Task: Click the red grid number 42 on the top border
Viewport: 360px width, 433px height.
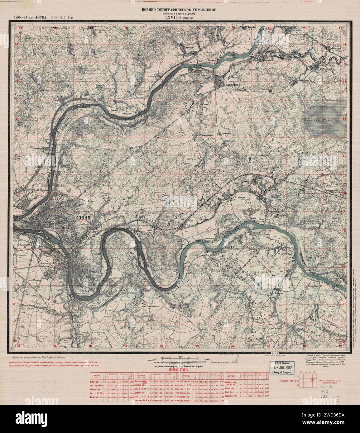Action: (162, 28)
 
